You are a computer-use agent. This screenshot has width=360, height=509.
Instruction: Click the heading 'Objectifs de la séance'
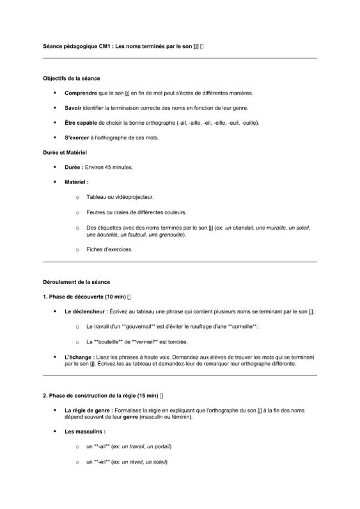pyautogui.click(x=71, y=79)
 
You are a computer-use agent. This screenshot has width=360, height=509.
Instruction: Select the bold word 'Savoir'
pyautogui.click(x=73, y=108)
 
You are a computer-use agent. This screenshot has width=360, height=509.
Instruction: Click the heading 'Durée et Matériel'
pyautogui.click(x=65, y=152)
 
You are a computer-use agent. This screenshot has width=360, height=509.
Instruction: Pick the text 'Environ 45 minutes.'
pyautogui.click(x=108, y=167)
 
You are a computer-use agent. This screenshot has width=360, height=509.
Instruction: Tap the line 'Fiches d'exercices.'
pyautogui.click(x=109, y=249)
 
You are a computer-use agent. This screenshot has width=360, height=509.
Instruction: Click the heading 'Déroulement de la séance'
pyautogui.click(x=76, y=281)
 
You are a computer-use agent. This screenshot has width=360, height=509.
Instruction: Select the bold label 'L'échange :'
pyautogui.click(x=79, y=357)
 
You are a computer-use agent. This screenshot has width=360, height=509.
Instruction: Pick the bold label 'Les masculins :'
pyautogui.click(x=85, y=432)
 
